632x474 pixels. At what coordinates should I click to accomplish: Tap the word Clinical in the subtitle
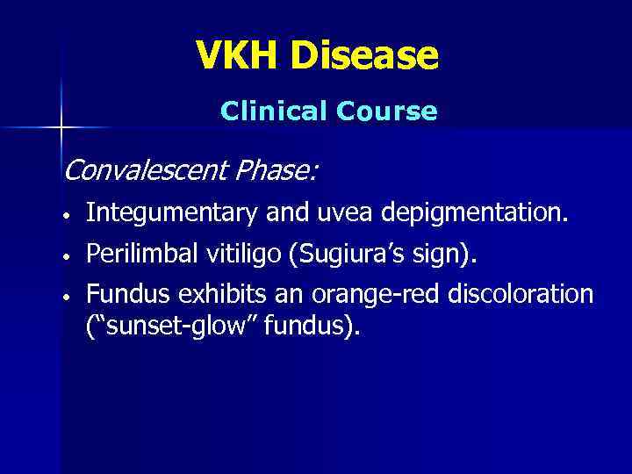[x=271, y=111]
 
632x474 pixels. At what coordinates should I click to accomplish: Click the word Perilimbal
[x=142, y=255]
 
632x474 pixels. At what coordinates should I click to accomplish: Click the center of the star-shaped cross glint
[x=61, y=128]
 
